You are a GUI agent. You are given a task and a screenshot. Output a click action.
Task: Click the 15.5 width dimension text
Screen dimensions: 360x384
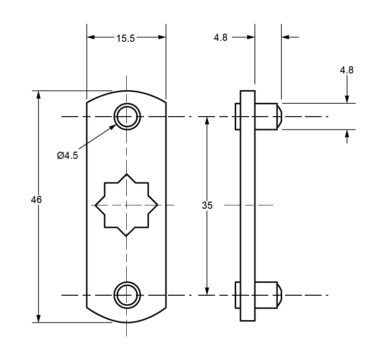click(x=126, y=39)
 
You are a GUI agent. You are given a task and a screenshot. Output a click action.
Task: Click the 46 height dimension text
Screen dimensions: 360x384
click(x=36, y=200)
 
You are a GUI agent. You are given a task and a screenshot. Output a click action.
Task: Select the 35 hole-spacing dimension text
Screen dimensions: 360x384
click(x=207, y=205)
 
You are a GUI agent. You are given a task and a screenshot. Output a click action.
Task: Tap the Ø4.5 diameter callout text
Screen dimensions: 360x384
click(x=67, y=155)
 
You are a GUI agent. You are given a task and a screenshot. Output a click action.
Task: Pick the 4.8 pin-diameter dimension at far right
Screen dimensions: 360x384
click(x=347, y=70)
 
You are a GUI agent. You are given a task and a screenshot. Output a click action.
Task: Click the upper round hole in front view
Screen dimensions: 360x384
click(x=127, y=116)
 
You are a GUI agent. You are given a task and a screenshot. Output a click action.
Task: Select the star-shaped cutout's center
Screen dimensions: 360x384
click(x=127, y=205)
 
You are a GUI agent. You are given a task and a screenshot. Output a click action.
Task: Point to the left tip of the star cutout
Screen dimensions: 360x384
click(x=96, y=205)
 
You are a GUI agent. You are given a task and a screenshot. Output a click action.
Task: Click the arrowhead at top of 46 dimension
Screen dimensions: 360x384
click(x=38, y=94)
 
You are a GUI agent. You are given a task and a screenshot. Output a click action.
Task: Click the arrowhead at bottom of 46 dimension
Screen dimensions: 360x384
click(x=38, y=318)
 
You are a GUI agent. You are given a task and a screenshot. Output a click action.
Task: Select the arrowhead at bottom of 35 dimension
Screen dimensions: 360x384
click(x=207, y=291)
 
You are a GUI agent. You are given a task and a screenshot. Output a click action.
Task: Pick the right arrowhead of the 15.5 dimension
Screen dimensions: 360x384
click(x=162, y=36)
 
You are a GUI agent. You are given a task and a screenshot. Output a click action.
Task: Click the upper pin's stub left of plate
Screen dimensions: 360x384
click(x=237, y=117)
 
